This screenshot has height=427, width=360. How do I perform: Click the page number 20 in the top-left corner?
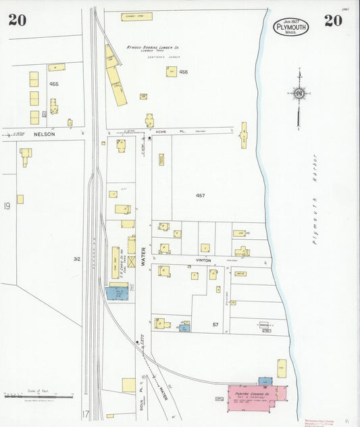point(18,20)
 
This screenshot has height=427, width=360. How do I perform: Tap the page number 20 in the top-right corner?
point(332,20)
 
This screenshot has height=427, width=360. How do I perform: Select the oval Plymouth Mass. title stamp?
point(291,28)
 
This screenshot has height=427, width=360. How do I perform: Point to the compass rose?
point(299,93)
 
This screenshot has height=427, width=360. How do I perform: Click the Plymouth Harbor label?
point(314,199)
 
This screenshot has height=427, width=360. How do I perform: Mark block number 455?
point(54,84)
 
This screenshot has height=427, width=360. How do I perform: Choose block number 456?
point(182,72)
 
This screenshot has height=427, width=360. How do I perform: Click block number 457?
point(200,195)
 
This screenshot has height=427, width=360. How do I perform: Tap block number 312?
point(77,258)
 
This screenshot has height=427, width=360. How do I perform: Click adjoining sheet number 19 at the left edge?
point(7,206)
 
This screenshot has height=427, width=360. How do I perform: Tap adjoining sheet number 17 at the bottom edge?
point(85,413)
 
